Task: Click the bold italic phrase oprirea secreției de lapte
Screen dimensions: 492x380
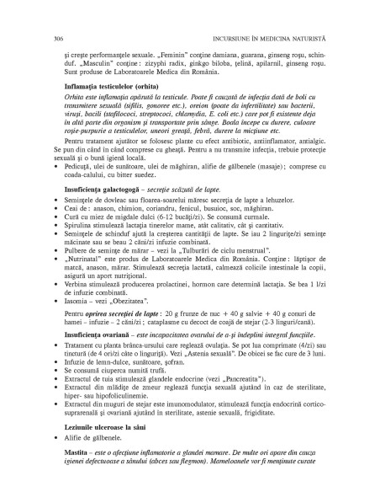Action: click(139, 337)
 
